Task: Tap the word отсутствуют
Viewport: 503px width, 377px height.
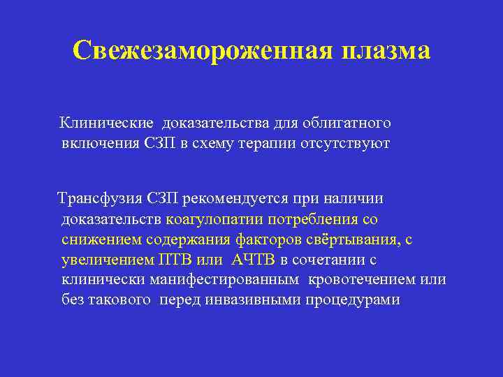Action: click(351, 144)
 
